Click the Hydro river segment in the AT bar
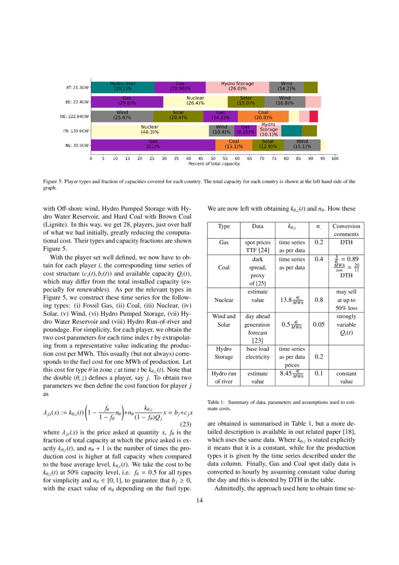click(x=123, y=87)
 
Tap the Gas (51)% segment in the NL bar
click(x=153, y=145)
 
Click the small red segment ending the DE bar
click(x=314, y=116)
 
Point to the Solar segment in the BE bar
click(x=246, y=101)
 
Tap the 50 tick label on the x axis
click(x=213, y=158)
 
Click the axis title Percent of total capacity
click(x=213, y=163)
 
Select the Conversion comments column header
click(x=346, y=230)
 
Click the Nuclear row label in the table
click(x=224, y=300)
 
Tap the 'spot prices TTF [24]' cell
click(x=260, y=246)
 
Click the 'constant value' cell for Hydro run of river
click(x=346, y=377)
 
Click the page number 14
click(x=199, y=500)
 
